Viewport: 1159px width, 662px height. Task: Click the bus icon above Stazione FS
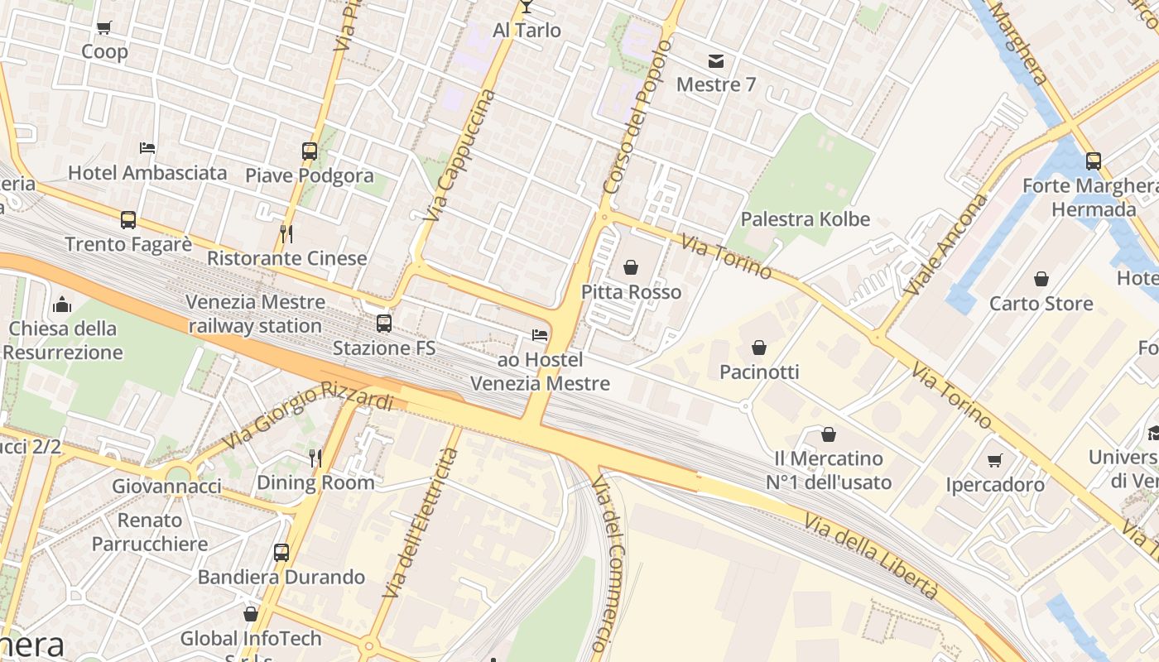coord(383,324)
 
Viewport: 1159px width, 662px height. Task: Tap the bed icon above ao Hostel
coord(540,335)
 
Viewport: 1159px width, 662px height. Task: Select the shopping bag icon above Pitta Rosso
coord(631,267)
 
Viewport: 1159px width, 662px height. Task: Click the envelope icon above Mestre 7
coord(715,60)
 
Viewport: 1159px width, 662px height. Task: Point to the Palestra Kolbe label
coord(805,219)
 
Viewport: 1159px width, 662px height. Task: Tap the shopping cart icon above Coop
coord(104,28)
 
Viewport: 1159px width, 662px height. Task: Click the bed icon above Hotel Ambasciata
coord(147,148)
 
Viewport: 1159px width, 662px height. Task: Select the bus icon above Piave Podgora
coord(309,151)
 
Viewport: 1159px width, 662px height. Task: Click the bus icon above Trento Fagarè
coord(128,220)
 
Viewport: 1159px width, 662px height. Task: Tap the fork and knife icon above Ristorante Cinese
coord(286,233)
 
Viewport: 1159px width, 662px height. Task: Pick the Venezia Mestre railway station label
coord(254,314)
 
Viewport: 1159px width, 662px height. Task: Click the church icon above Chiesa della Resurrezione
coord(62,305)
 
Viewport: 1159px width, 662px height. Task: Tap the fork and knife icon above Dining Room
coord(315,458)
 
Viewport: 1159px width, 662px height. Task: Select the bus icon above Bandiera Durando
coord(281,552)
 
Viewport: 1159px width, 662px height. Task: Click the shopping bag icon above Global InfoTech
coord(251,614)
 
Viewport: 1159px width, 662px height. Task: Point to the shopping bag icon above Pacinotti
coord(759,348)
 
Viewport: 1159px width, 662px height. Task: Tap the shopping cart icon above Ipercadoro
coord(995,460)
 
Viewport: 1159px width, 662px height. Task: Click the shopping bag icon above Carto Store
coord(1041,280)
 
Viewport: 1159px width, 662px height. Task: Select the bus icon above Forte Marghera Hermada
coord(1093,161)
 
